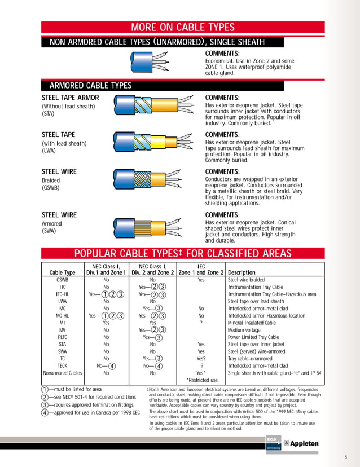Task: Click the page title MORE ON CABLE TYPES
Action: [x=183, y=28]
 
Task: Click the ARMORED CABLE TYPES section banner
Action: [x=90, y=86]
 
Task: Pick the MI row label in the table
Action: [x=63, y=323]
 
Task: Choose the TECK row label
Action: [x=63, y=365]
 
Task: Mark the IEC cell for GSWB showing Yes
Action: [x=201, y=280]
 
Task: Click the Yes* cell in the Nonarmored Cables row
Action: [x=201, y=373]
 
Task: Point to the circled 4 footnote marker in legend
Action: [x=45, y=412]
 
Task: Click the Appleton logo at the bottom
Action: [x=301, y=443]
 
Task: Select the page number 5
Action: [x=346, y=457]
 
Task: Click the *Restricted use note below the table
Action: [x=202, y=380]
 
